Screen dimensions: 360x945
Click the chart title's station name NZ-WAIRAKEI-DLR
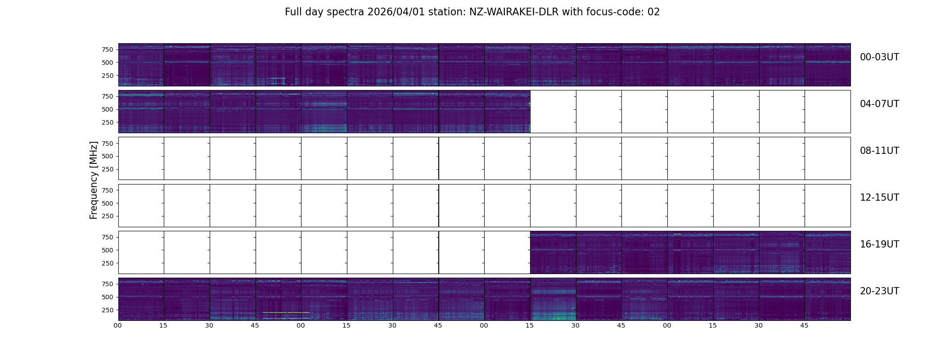point(514,12)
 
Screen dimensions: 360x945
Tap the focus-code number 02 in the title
point(653,12)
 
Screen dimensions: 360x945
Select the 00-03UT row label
point(879,57)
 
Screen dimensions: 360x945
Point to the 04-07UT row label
point(879,104)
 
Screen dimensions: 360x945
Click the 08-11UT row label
point(879,151)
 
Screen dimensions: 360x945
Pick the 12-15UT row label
point(879,198)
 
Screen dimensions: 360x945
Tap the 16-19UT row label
point(879,244)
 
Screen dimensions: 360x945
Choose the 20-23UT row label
point(879,291)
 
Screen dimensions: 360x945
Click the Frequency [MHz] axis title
point(94,180)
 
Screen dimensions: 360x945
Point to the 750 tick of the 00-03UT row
point(107,49)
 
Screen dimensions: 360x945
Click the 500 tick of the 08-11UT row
point(107,157)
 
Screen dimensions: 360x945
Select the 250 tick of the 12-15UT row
point(107,216)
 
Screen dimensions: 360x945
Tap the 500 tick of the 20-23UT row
point(107,297)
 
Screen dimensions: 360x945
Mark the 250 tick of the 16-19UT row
point(107,263)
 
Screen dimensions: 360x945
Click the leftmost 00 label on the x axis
point(118,325)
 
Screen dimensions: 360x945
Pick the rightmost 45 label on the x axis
point(804,325)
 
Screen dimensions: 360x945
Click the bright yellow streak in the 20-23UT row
point(286,312)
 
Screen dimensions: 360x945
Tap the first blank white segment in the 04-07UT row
point(553,112)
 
